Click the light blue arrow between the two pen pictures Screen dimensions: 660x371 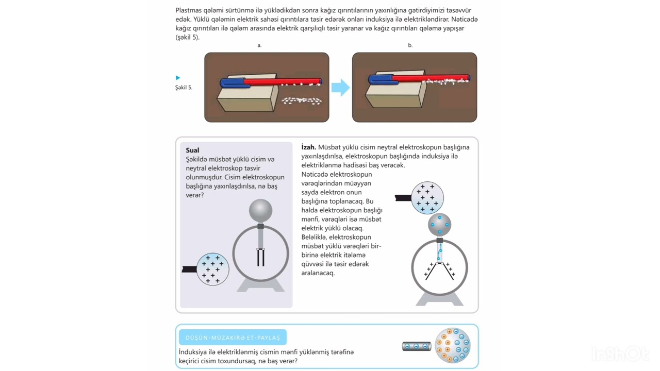point(341,88)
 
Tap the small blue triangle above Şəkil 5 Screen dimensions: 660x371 point(178,78)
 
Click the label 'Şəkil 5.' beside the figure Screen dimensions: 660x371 point(184,88)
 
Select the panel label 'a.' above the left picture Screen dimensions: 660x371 point(259,45)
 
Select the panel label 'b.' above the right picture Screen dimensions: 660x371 point(410,45)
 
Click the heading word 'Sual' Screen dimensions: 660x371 point(192,150)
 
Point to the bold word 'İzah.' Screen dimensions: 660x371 point(308,147)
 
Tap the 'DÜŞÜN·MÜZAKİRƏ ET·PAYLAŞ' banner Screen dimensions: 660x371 point(233,338)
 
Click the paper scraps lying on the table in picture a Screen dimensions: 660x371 point(302,101)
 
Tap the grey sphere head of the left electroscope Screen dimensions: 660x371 point(260,211)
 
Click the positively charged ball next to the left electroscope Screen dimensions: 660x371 point(212,269)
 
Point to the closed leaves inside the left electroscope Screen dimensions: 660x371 point(260,257)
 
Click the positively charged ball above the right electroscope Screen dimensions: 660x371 point(427,198)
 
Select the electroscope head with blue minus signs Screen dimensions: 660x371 point(440,225)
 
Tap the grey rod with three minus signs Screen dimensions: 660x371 point(417,346)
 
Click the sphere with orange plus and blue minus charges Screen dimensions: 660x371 point(453,345)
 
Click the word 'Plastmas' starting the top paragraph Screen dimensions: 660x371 point(189,10)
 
